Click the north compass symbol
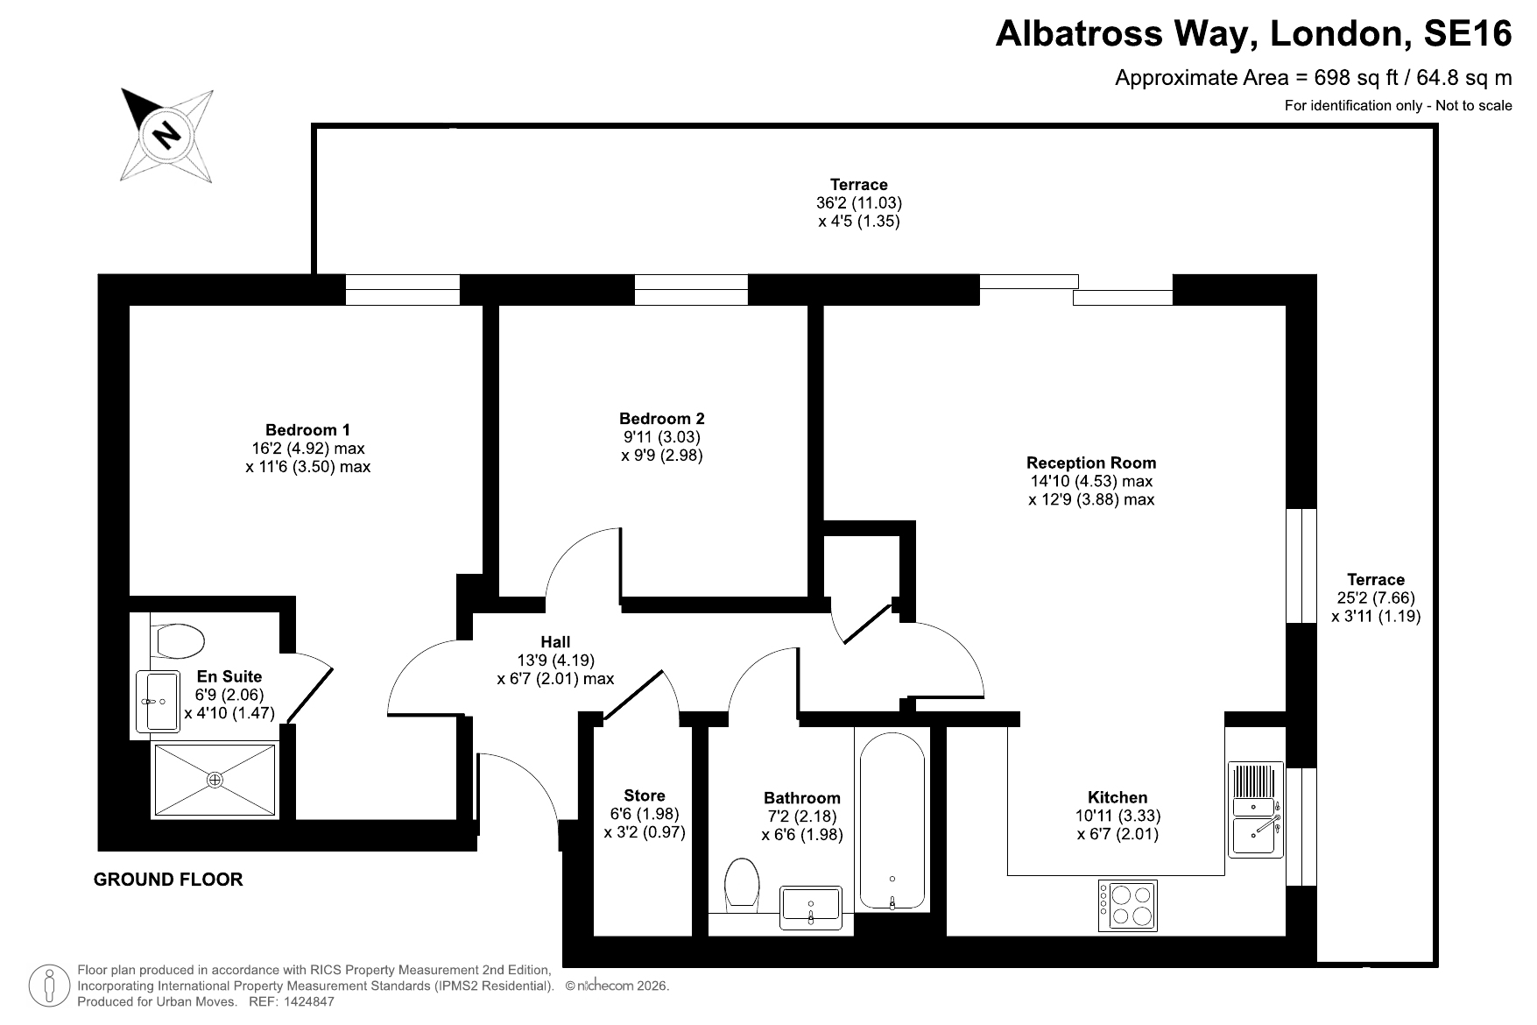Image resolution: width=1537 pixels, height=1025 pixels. pos(167,136)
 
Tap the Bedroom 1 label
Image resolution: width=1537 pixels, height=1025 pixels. pos(307,430)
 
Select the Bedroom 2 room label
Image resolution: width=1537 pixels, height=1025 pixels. pos(661,419)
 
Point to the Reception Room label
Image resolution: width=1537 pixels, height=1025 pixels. pos(1091,463)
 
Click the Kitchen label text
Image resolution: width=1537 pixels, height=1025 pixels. pos(1117,797)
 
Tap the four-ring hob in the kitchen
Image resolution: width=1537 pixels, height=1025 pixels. pos(1127,905)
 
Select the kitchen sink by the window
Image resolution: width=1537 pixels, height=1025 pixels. pos(1256,809)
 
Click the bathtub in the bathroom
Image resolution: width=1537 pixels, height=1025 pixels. pos(892,822)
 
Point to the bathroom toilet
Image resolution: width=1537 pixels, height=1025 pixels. pos(742,883)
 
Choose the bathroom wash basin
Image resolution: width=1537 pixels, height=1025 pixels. pos(811,906)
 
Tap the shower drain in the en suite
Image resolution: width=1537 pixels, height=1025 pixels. pos(215,779)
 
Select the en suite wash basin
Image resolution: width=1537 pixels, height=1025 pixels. pos(157,702)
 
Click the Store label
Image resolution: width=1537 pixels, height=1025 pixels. pos(645,795)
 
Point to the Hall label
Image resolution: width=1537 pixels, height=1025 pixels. pos(555,642)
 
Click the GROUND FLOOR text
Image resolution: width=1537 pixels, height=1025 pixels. pos(168,880)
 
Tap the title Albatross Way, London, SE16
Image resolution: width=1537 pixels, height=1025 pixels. pos(1254,34)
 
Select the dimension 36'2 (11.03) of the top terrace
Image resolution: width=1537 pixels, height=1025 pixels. pos(859,202)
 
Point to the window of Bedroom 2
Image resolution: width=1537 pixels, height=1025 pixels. pos(691,290)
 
